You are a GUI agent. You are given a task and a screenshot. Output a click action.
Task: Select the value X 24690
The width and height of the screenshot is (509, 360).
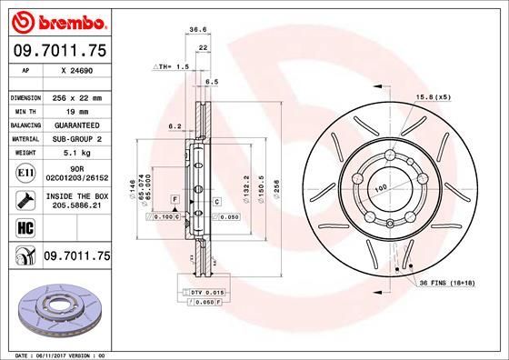pos(77,69)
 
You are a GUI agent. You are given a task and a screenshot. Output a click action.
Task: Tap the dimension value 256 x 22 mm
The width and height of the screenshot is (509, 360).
pos(79,96)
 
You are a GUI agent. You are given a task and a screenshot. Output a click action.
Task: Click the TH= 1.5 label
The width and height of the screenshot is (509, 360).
pos(172,66)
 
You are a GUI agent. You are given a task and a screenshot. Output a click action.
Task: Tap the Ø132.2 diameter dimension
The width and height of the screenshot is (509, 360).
pos(246,187)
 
